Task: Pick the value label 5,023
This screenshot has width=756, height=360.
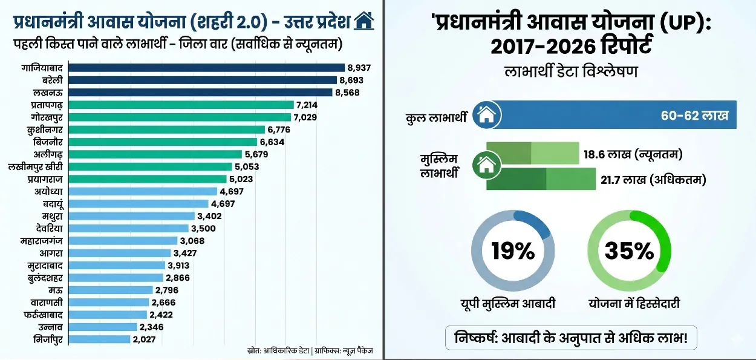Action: point(241,179)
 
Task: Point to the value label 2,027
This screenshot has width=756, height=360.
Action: point(144,339)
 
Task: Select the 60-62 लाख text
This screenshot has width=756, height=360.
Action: point(694,115)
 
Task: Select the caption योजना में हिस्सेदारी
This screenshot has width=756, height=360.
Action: point(634,303)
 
